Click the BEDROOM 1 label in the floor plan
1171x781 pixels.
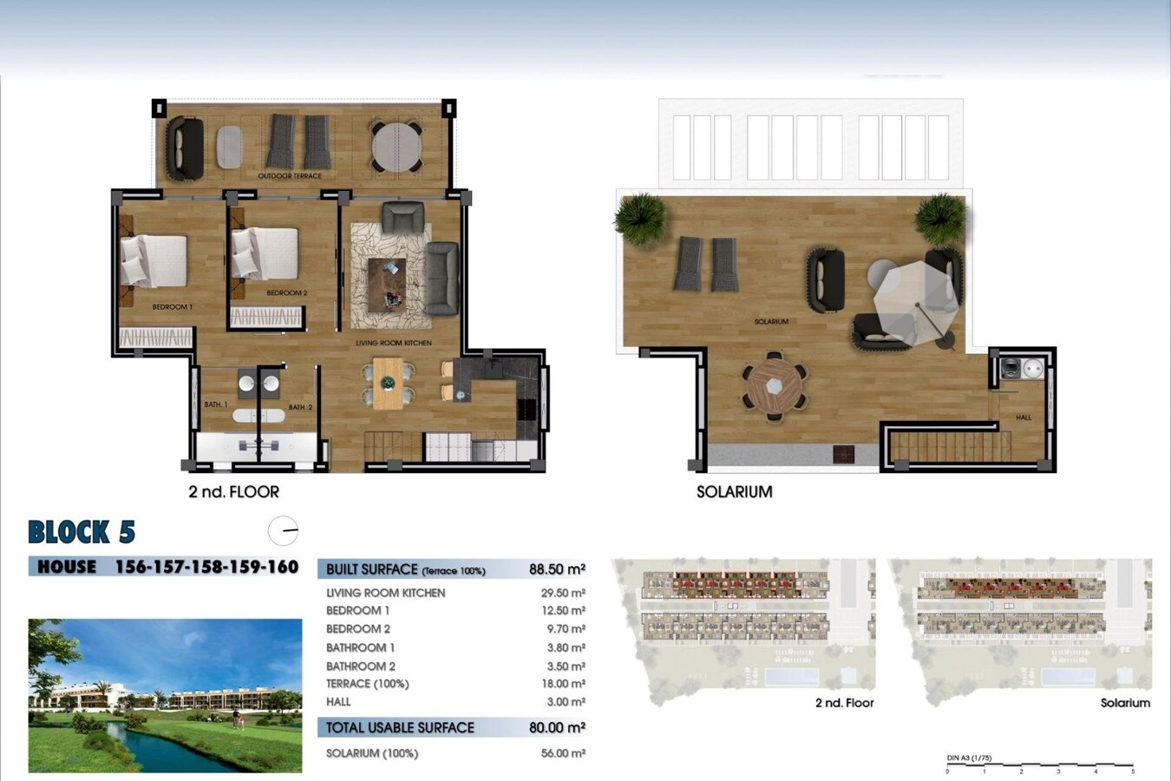click(172, 306)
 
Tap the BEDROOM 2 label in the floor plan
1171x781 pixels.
click(286, 292)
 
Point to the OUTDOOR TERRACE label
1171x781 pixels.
click(290, 175)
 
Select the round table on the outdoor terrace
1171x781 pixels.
click(396, 146)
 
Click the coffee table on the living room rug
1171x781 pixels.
click(387, 284)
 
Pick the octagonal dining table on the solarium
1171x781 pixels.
click(774, 386)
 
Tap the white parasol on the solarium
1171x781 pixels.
click(915, 304)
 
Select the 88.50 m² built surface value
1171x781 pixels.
click(557, 569)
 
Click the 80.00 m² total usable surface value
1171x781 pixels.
click(557, 727)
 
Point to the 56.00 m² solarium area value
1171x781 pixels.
click(562, 753)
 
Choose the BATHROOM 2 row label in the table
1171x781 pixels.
click(360, 666)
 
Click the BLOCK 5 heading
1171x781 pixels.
click(82, 532)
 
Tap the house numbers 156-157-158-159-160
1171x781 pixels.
click(206, 567)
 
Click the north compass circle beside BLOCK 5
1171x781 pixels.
click(283, 530)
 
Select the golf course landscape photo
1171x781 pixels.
click(165, 695)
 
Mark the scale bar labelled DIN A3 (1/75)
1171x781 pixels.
click(1039, 765)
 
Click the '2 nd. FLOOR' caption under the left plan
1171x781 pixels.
click(233, 491)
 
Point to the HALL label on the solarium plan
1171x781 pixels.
click(1024, 417)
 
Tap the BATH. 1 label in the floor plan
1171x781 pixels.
click(215, 404)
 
